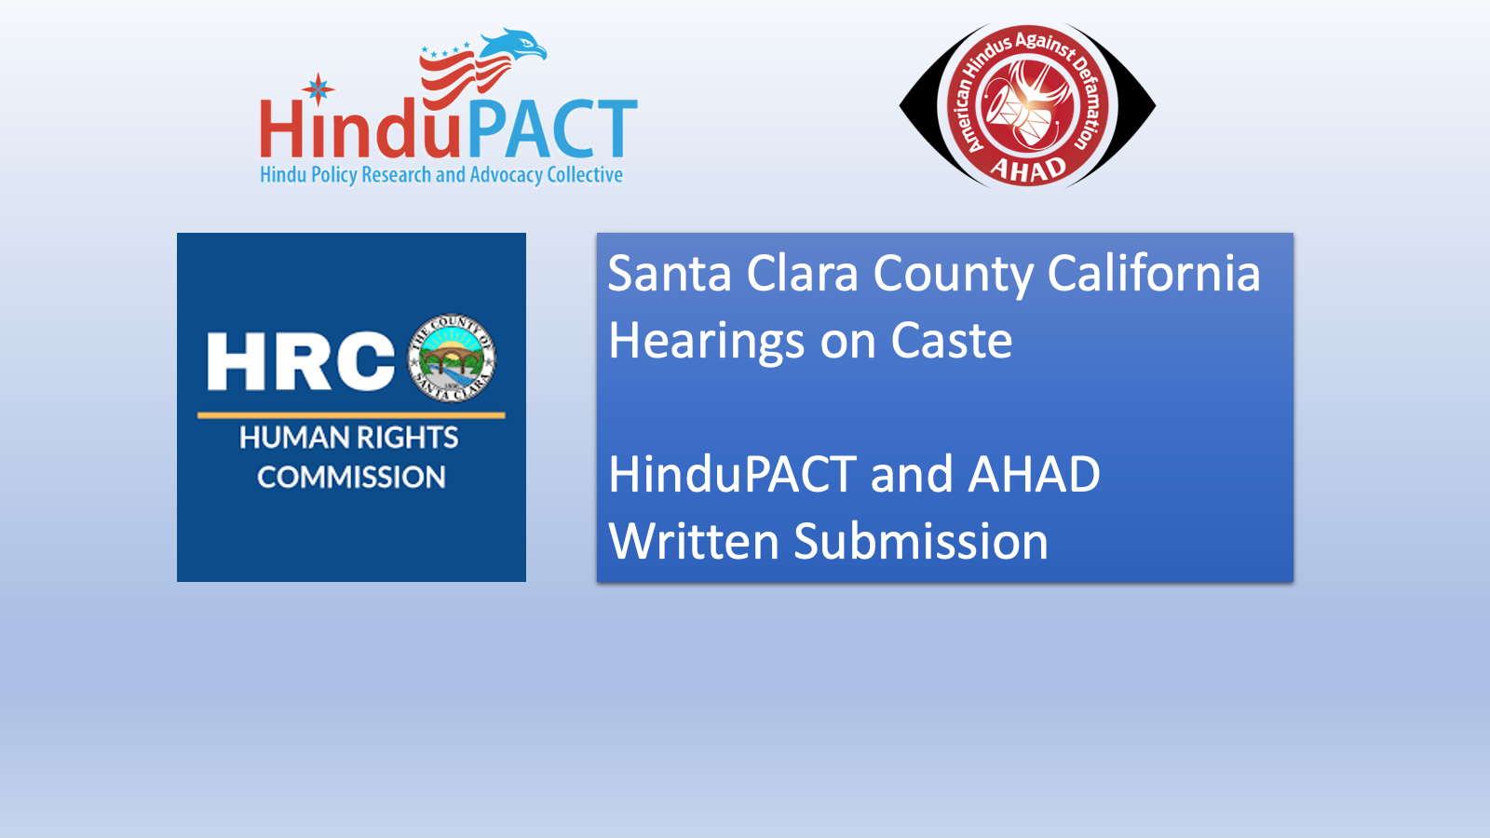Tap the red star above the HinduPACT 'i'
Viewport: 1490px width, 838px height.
tap(318, 88)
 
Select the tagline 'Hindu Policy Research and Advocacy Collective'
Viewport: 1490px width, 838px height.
tap(441, 175)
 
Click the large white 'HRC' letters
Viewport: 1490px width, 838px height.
tap(301, 361)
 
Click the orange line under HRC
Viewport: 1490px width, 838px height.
tap(351, 414)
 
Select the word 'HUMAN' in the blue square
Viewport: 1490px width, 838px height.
tap(293, 438)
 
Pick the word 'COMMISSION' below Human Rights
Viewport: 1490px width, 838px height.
tap(351, 478)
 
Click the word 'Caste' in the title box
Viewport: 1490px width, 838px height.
tap(951, 341)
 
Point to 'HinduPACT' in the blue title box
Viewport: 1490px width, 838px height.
tap(732, 475)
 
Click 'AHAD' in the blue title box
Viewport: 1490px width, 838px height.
tap(1034, 475)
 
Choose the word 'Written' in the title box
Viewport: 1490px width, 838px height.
tap(693, 542)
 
